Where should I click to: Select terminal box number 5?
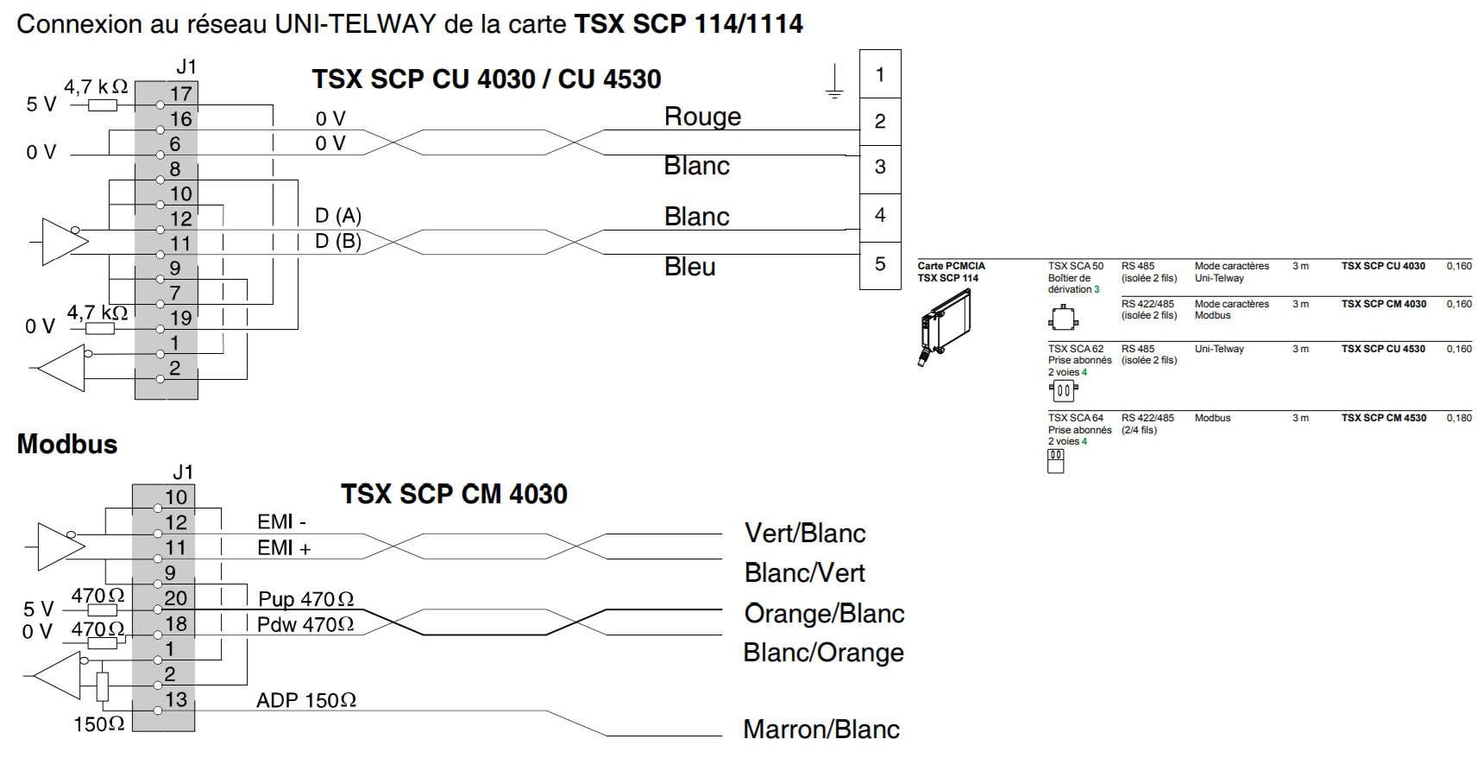[880, 264]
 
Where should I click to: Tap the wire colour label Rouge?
[702, 117]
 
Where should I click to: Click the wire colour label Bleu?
[689, 267]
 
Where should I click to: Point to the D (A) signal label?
[338, 215]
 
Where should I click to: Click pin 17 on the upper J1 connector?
[180, 94]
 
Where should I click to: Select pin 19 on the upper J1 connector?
[180, 318]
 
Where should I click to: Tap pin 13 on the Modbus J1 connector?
[176, 699]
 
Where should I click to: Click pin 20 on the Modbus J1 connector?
[176, 597]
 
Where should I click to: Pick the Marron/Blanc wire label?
[820, 730]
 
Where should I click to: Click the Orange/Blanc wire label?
[824, 613]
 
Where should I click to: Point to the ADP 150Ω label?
[306, 700]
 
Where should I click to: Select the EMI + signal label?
[284, 547]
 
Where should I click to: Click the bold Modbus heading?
[67, 444]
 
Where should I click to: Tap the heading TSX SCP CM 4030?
[454, 494]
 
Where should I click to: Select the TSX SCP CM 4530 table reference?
[1383, 418]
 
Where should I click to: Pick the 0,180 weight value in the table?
[1459, 418]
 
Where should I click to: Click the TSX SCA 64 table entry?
[1075, 418]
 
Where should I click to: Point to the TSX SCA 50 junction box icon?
[1063, 319]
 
